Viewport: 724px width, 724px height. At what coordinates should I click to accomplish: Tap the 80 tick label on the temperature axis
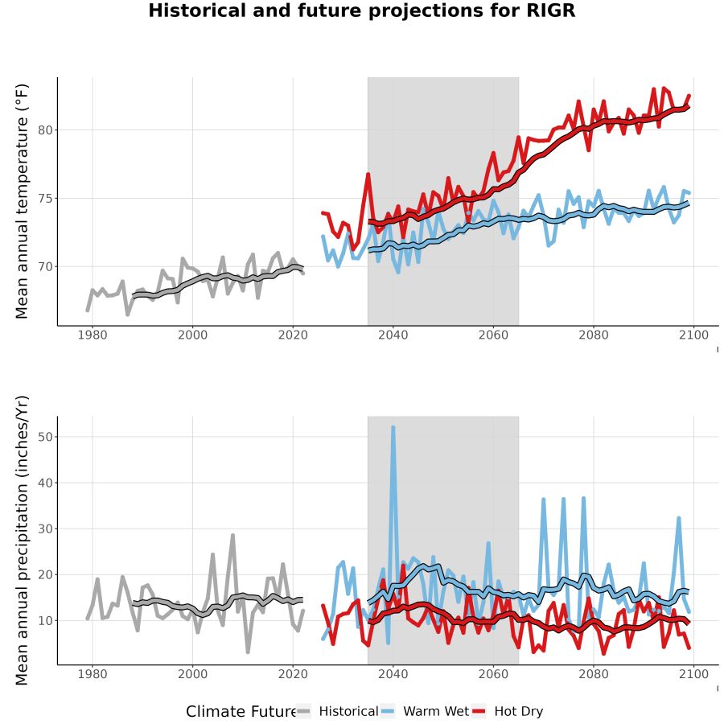pos(45,130)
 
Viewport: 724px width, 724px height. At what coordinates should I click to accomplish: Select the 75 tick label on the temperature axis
pos(45,199)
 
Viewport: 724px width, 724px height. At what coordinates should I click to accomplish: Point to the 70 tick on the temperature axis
pos(45,267)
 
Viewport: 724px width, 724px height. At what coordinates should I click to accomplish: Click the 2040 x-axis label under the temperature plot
pos(393,335)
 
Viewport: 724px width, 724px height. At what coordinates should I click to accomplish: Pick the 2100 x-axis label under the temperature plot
pos(693,335)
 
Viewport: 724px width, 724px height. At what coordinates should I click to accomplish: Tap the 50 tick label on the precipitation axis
pos(45,437)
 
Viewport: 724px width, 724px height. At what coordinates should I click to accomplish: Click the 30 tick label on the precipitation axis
pos(45,529)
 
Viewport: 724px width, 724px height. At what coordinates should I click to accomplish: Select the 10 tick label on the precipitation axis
pos(45,620)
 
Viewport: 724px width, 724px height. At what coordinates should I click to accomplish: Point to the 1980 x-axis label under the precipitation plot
pos(93,674)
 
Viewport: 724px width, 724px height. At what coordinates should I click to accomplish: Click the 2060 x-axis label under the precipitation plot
pos(493,674)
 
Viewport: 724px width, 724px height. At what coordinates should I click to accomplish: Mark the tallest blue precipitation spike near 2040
pos(393,428)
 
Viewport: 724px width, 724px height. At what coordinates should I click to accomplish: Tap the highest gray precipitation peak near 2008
pos(232,536)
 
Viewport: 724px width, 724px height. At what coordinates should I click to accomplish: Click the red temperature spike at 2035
pos(368,175)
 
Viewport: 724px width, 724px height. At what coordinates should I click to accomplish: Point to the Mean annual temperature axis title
pos(22,201)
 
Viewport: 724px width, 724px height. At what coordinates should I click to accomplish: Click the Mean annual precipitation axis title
pos(22,541)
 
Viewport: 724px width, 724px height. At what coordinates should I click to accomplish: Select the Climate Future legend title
pos(241,712)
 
